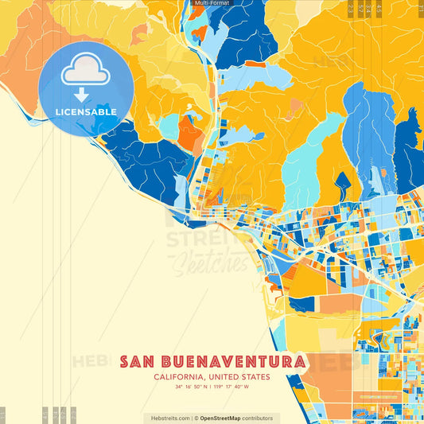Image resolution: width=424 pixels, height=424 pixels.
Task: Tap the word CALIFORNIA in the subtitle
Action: click(x=179, y=377)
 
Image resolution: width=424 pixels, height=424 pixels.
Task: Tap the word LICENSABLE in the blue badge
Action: click(x=86, y=111)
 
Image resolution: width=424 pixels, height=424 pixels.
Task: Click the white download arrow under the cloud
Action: click(x=81, y=95)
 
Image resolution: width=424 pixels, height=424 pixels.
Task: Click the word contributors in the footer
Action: click(x=258, y=418)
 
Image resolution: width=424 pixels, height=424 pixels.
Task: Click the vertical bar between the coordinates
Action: click(x=212, y=387)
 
